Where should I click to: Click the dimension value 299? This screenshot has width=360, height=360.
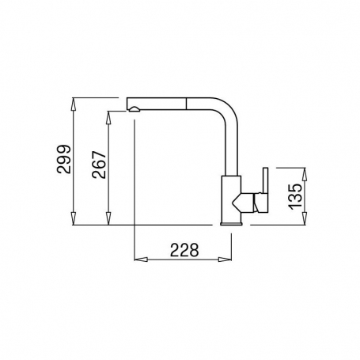tap(64, 159)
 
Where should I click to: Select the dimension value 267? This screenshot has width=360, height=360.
tap(99, 165)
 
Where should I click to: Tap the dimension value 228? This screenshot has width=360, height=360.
tap(184, 250)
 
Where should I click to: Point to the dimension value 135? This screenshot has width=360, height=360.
tap(295, 196)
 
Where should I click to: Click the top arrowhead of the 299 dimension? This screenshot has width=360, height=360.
tap(74, 104)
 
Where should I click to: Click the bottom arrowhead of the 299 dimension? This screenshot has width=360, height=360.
tap(74, 218)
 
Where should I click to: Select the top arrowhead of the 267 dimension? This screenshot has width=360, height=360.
tap(108, 118)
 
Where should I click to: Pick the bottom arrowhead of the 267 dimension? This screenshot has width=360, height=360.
tap(108, 218)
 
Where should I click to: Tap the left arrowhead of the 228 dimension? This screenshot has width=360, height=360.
tap(141, 260)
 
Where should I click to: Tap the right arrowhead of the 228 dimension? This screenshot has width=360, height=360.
tap(225, 260)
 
